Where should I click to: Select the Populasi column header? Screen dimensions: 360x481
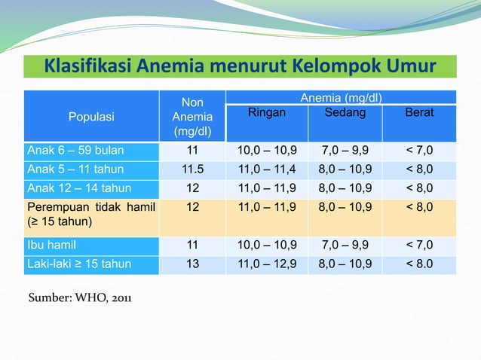point(91,117)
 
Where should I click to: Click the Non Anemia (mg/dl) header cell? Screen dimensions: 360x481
point(192,117)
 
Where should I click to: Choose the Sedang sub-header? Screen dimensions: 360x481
point(345,113)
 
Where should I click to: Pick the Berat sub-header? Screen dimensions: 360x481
point(419,113)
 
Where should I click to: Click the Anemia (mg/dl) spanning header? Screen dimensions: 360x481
point(341,98)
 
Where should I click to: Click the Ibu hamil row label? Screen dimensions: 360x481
point(52,245)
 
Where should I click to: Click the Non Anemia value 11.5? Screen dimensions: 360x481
point(192,169)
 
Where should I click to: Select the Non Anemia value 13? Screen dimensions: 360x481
point(192,264)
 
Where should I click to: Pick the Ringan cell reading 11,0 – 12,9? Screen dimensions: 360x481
point(267,264)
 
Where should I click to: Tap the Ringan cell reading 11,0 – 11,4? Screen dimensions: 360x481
point(267,169)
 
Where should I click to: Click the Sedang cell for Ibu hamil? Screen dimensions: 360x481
point(345,245)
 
